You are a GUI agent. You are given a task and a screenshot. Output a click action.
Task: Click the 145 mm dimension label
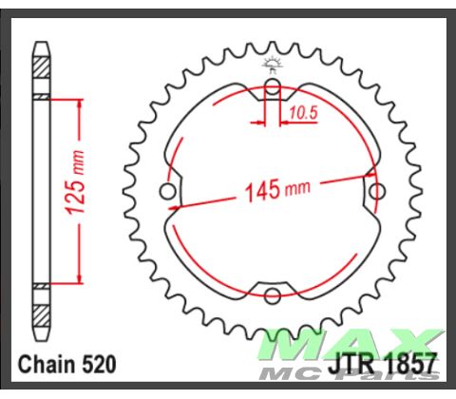click(275, 189)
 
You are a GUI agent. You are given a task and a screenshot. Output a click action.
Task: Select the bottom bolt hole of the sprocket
click(272, 293)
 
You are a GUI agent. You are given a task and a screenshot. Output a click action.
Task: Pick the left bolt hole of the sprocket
click(169, 193)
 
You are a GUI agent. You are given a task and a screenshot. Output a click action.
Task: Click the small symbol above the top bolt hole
click(272, 64)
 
